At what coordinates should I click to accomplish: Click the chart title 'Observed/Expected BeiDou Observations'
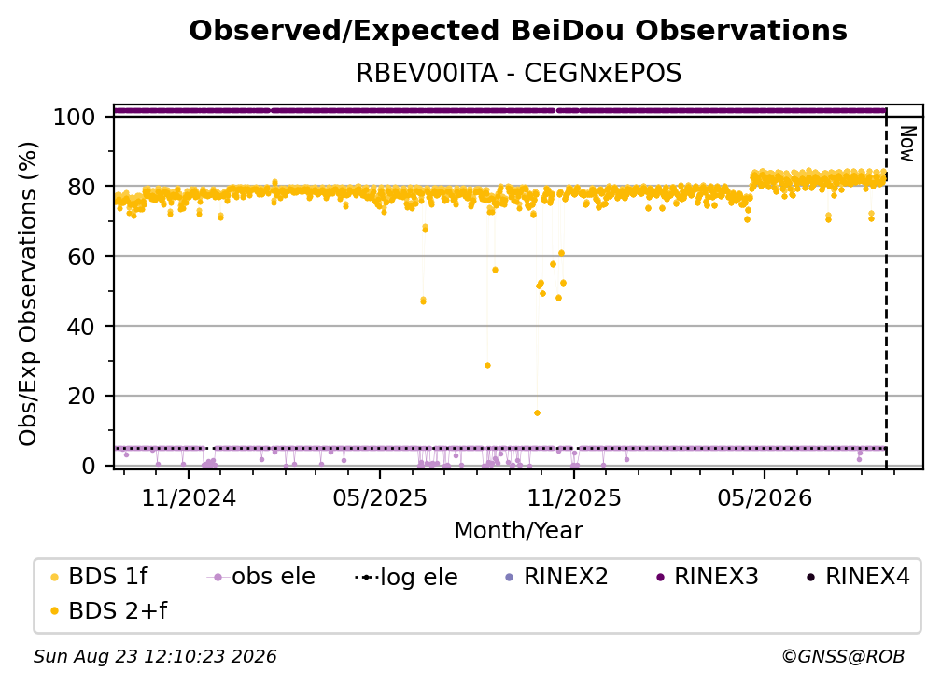(518, 31)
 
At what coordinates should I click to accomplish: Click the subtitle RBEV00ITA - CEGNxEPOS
(518, 73)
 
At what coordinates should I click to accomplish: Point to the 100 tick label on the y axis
(75, 117)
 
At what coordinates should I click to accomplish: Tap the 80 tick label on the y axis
(81, 187)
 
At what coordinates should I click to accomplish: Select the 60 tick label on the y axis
(81, 257)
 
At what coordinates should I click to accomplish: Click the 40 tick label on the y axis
(81, 327)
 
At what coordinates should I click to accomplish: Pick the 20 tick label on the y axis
(81, 396)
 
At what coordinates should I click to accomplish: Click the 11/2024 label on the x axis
(189, 497)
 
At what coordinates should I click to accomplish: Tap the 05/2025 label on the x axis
(379, 497)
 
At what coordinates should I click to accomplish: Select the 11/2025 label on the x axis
(574, 497)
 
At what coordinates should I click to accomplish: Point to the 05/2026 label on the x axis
(765, 497)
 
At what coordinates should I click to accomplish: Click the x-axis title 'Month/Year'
(518, 530)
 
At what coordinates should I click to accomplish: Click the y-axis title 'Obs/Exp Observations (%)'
(28, 294)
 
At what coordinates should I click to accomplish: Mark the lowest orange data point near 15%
(537, 412)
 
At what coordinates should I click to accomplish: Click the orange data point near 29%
(488, 365)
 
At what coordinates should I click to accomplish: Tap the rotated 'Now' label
(907, 144)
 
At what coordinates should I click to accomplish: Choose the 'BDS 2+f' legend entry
(109, 610)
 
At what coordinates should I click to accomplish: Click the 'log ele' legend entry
(407, 577)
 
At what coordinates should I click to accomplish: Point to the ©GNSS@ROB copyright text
(843, 656)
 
